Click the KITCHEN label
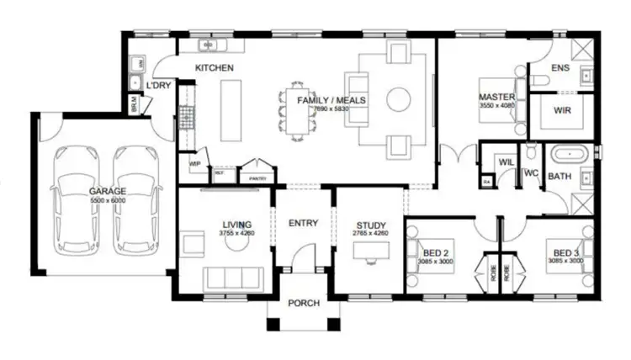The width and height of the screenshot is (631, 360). [214, 67]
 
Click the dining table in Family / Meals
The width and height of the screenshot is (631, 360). [294, 110]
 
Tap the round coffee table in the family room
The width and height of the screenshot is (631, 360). [397, 99]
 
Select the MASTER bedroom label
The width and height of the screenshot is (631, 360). [496, 97]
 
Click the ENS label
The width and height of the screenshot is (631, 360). [561, 68]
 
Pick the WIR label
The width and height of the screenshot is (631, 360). [563, 110]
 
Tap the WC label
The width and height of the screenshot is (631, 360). [531, 173]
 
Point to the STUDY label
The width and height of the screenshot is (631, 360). [370, 225]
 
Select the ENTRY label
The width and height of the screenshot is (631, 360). [302, 224]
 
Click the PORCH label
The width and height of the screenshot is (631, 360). [303, 304]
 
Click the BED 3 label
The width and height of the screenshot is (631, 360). [564, 252]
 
